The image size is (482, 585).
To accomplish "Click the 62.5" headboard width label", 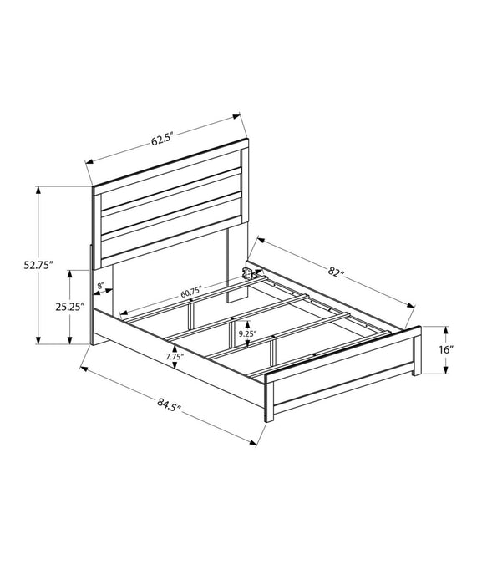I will coord(162,140).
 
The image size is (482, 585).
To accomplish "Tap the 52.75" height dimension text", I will coord(38,266).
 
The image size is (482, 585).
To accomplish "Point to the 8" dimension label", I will coord(101,287).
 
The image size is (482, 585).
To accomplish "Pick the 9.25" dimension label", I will coord(246,333).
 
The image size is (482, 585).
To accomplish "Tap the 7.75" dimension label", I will coord(174,357).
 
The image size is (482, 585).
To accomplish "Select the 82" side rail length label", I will coord(336,272).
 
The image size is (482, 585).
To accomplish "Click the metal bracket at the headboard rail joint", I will coord(249,271).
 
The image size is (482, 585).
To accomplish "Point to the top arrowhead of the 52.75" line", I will coord(38,190).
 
